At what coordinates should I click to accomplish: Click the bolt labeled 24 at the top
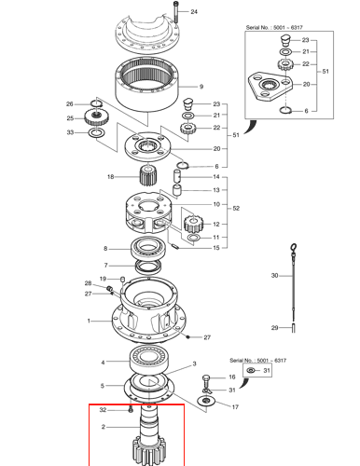point(176,12)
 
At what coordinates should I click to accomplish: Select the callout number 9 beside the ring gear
point(201,87)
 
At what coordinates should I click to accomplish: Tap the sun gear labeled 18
point(149,175)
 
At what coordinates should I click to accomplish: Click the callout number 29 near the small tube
point(274,328)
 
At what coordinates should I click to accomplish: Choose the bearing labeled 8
point(148,248)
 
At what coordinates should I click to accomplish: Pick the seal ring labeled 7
point(148,267)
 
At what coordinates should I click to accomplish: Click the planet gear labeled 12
point(193,224)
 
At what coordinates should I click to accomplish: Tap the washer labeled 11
point(194,238)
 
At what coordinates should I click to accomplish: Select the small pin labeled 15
point(175,247)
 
